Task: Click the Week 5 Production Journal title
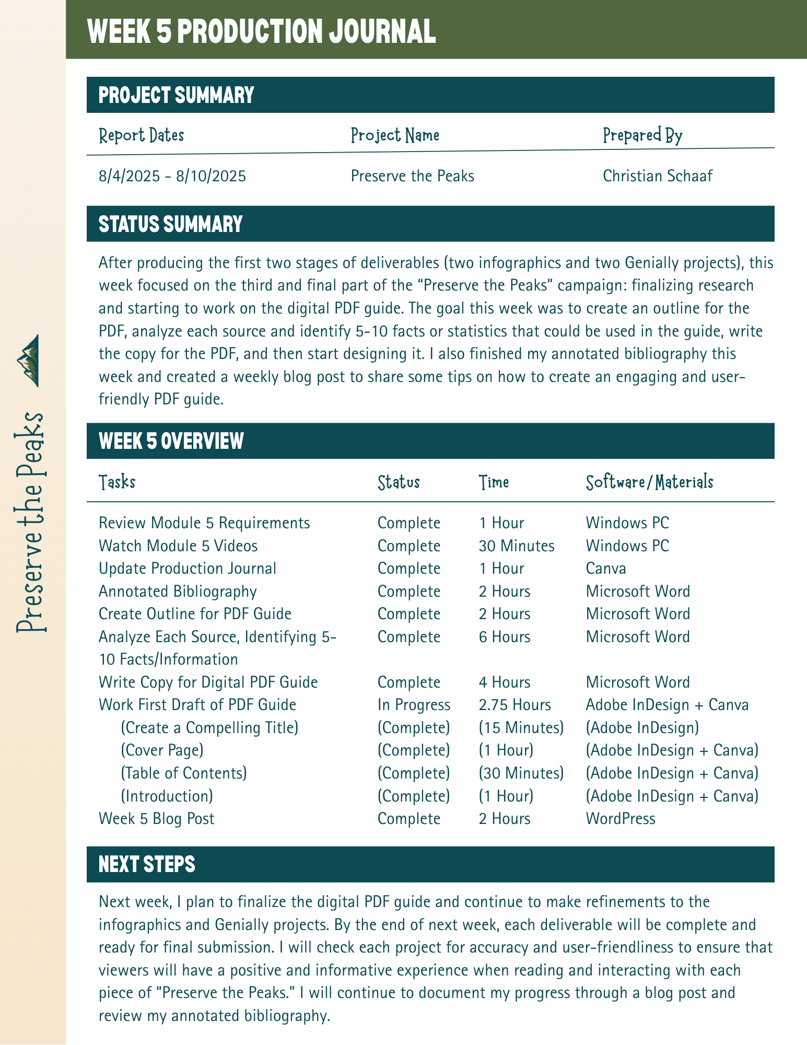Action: [x=262, y=31]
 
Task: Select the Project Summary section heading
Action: [x=176, y=95]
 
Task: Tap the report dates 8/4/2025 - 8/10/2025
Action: [x=172, y=176]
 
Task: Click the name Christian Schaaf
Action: [x=657, y=176]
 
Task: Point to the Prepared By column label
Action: [x=642, y=135]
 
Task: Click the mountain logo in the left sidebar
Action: [x=30, y=360]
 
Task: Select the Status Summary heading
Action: [x=170, y=224]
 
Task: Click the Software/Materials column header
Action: [x=649, y=482]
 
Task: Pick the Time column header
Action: [x=494, y=482]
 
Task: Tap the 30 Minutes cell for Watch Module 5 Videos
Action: [x=516, y=546]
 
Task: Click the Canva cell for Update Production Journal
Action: [x=605, y=568]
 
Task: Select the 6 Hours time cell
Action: [x=504, y=637]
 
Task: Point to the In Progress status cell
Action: [x=414, y=705]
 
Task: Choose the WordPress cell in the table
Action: [x=620, y=818]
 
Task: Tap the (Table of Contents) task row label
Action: [x=183, y=773]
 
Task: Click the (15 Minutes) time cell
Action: [x=521, y=727]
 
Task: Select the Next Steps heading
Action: [x=147, y=865]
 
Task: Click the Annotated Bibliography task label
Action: [x=178, y=591]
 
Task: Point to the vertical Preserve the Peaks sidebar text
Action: [x=31, y=522]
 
